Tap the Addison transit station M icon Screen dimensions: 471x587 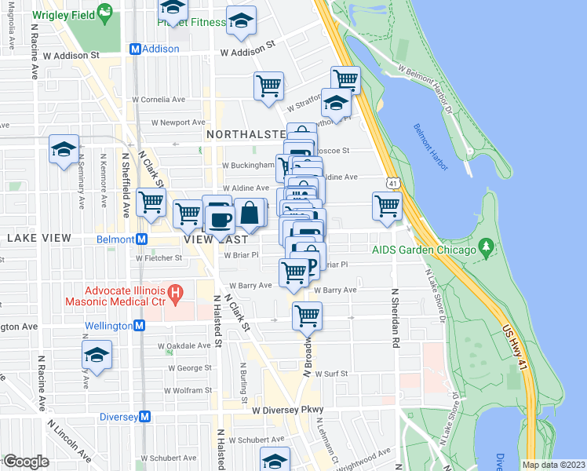pyautogui.click(x=135, y=49)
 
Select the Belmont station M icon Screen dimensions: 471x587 pyautogui.click(x=142, y=239)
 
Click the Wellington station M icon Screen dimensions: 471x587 pyautogui.click(x=139, y=325)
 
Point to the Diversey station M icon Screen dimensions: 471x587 pyautogui.click(x=144, y=417)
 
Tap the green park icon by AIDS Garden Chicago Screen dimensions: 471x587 pyautogui.click(x=487, y=250)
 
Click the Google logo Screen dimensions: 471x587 pyautogui.click(x=26, y=462)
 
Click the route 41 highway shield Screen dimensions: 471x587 pyautogui.click(x=390, y=183)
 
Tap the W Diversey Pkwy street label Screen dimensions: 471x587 pyautogui.click(x=287, y=411)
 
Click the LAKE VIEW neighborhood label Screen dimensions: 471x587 pyautogui.click(x=39, y=237)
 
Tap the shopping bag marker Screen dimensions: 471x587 pyautogui.click(x=250, y=212)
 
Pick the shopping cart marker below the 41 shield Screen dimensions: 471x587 pyautogui.click(x=387, y=206)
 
